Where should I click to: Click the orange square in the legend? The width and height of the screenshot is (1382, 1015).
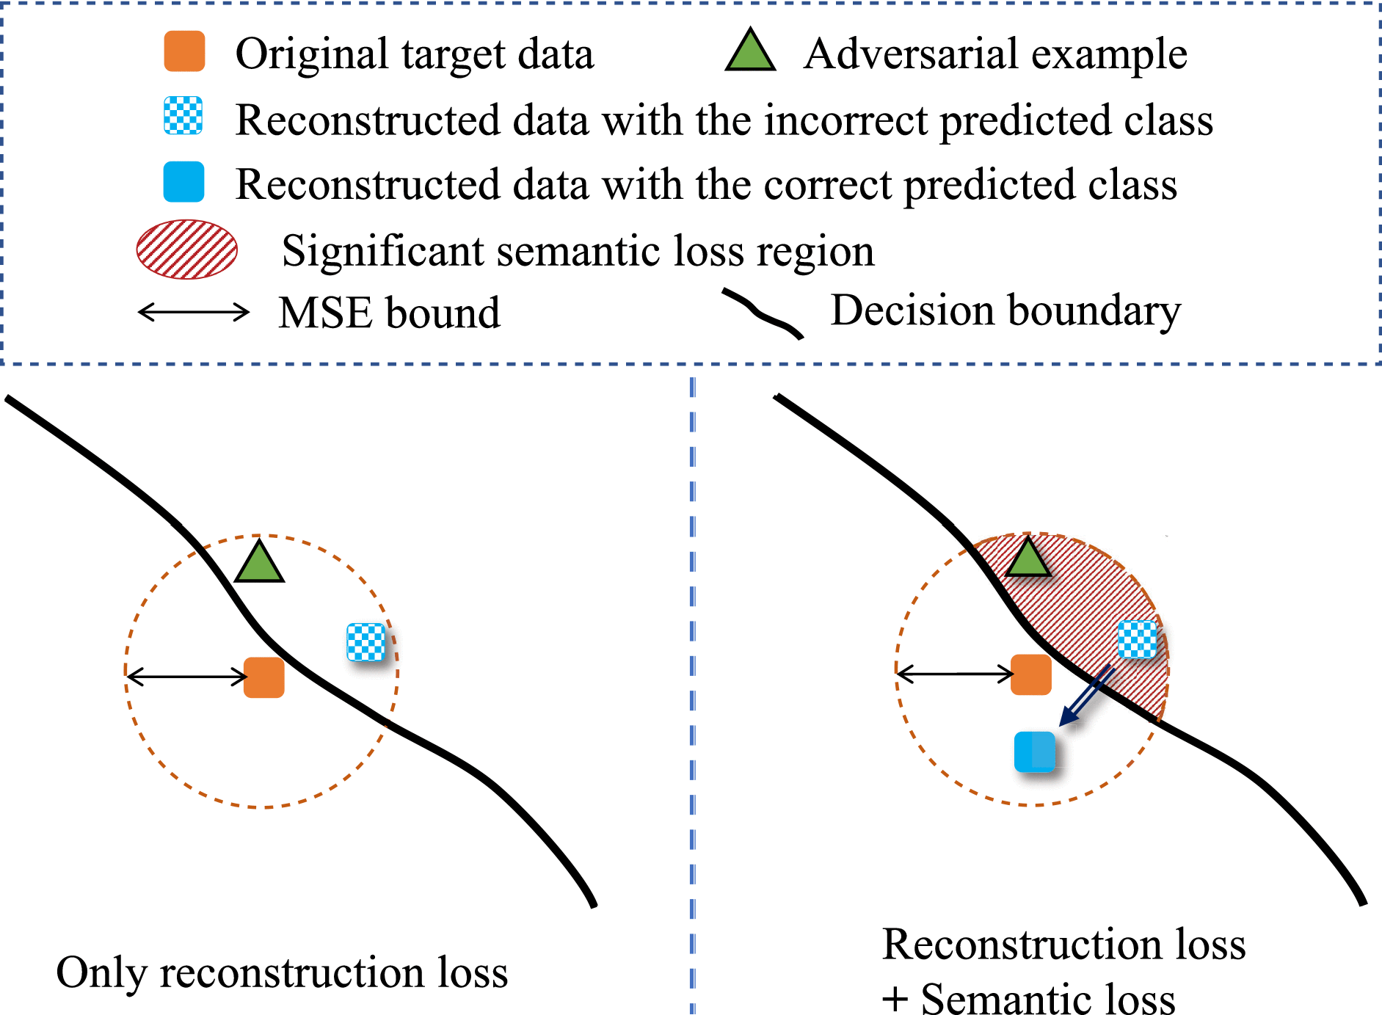pos(184,51)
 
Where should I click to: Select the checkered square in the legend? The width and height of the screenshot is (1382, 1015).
pos(183,116)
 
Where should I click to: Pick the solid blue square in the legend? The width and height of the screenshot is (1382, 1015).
pos(183,182)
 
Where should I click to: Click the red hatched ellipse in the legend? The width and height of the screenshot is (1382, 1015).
pos(187,250)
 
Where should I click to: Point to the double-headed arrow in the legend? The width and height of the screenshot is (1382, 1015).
pos(194,313)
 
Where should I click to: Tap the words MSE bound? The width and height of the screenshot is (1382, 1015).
pos(389,313)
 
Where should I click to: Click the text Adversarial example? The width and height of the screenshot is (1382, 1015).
pos(995,54)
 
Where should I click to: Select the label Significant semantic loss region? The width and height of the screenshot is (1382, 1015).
pos(578,251)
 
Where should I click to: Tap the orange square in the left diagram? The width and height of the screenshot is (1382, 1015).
pos(264,677)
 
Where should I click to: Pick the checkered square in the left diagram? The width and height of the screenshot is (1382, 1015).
pos(366,642)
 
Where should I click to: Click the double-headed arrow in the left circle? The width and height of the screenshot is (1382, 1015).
pos(186,675)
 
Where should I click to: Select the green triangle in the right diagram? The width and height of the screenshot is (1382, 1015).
pos(1028,559)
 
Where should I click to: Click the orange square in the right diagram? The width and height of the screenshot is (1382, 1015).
pos(1031,674)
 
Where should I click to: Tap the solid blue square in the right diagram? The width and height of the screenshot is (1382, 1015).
pos(1035,752)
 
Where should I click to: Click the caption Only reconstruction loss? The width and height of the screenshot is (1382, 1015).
pos(282,973)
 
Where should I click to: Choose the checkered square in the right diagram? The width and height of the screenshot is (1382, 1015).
pos(1137,640)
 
